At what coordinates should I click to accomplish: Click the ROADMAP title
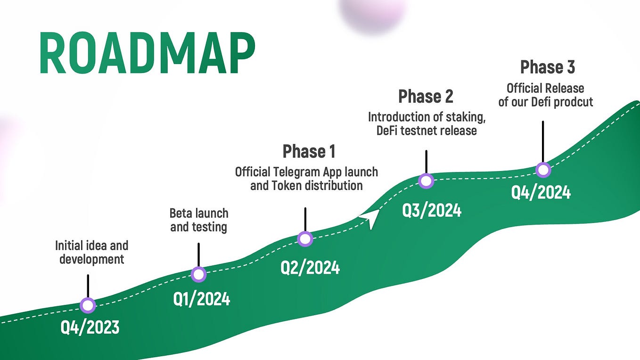click(x=147, y=53)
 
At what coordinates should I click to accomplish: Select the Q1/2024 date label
click(x=202, y=299)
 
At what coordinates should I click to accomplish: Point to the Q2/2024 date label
click(x=310, y=268)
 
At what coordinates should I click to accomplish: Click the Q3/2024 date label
click(x=432, y=211)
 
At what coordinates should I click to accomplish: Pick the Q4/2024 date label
click(x=541, y=192)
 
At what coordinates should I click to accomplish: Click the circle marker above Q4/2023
click(x=88, y=305)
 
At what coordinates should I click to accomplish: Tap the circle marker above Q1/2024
click(x=198, y=274)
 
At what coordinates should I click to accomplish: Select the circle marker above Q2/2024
click(x=305, y=239)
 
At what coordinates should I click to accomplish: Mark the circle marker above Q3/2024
click(x=426, y=181)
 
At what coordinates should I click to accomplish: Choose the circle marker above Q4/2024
click(x=543, y=170)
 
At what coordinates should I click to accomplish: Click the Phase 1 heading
click(x=309, y=152)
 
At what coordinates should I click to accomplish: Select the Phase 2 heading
click(x=426, y=96)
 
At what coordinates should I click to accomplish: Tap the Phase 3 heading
click(x=547, y=67)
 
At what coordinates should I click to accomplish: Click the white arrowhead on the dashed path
click(x=370, y=218)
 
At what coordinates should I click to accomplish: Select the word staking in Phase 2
click(x=463, y=117)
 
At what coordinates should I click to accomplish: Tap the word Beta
click(x=180, y=213)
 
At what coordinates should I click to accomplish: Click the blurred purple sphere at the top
click(x=373, y=14)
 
